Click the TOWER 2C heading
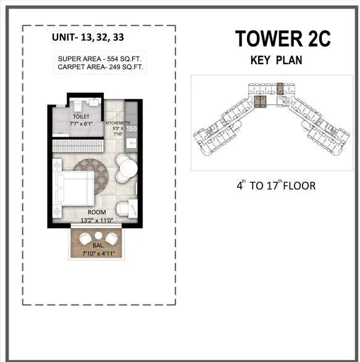tap(282, 38)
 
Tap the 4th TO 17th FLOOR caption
tap(276, 185)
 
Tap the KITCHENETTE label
tap(118, 123)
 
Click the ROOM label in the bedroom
tap(90, 213)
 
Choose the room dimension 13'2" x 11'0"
tap(90, 220)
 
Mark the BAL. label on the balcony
tap(98, 246)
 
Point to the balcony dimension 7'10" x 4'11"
tap(99, 253)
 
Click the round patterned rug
tap(93, 176)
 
